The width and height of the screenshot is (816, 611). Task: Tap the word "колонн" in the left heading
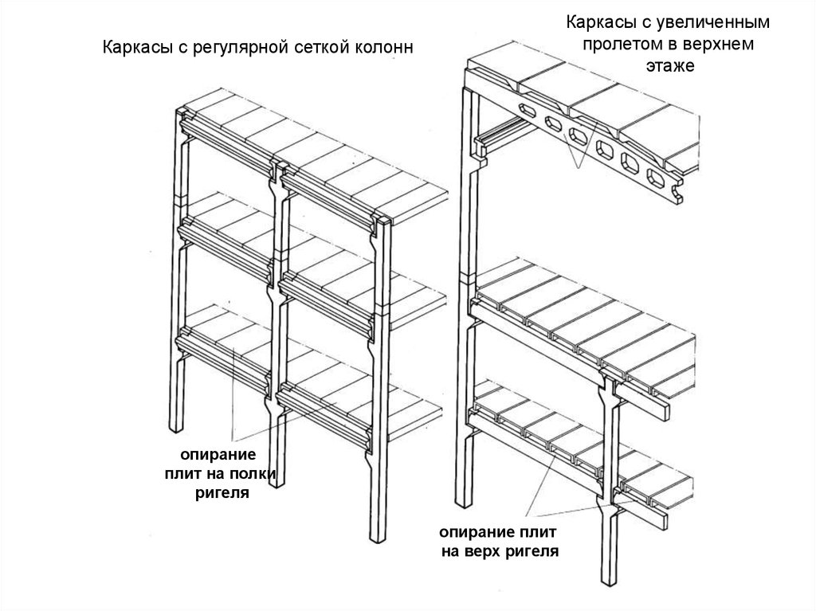[384, 47]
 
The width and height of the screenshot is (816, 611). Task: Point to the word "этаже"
[670, 66]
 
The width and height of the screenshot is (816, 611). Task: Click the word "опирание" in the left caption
[218, 454]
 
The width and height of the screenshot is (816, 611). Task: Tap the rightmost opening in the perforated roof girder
[657, 178]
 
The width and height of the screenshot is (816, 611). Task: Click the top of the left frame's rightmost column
[383, 220]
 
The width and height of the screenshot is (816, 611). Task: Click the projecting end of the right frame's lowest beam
[661, 519]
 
